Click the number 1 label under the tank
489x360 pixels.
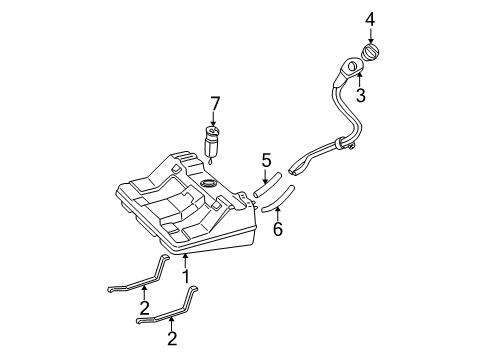[186, 274]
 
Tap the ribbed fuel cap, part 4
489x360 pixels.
[370, 52]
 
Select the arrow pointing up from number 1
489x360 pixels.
[186, 259]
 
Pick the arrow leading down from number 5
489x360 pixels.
[267, 172]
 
